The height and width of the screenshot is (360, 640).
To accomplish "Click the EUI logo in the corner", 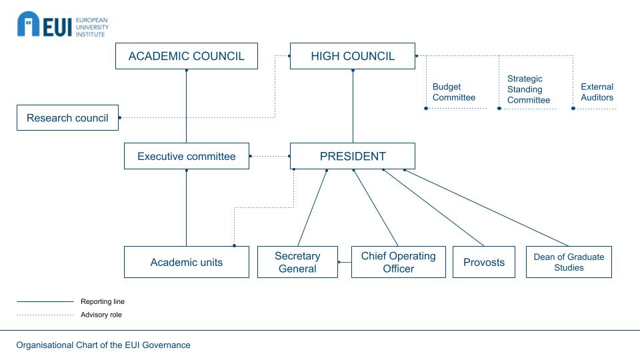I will [62, 25].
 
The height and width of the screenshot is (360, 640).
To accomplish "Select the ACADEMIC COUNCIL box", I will [186, 56].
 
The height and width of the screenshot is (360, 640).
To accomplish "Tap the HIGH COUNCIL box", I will [353, 56].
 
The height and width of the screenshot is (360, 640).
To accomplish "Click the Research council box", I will [67, 118].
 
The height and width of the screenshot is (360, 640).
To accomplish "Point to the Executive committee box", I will [186, 157].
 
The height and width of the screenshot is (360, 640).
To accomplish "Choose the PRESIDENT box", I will [353, 157].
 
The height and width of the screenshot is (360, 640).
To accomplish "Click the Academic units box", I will [186, 262].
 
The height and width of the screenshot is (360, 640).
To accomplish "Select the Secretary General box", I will [297, 262].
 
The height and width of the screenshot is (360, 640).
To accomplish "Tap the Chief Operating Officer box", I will [398, 262].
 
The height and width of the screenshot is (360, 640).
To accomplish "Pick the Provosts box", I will [484, 262].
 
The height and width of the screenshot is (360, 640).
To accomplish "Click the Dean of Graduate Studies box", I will [569, 262].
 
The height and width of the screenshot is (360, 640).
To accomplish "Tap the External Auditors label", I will [597, 92].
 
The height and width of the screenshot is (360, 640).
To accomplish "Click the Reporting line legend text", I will [103, 301].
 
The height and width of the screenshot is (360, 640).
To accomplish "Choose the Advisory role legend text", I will [101, 315].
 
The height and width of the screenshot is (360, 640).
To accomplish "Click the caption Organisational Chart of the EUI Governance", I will [103, 345].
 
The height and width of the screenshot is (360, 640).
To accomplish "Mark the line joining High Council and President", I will [353, 107].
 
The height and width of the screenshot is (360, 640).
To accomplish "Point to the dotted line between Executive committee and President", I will [269, 157].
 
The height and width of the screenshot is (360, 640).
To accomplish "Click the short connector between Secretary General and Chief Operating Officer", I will [345, 262].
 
